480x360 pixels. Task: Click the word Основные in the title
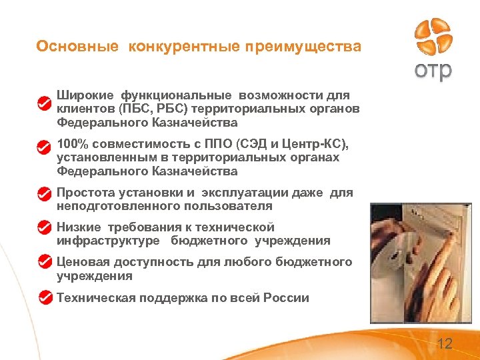77,47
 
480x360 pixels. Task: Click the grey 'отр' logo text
433,71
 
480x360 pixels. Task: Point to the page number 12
444,344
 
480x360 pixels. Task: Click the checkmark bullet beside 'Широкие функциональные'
44,103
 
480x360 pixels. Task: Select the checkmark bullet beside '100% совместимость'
44,145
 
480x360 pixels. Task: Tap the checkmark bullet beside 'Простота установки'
44,193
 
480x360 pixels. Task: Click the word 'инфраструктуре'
108,241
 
